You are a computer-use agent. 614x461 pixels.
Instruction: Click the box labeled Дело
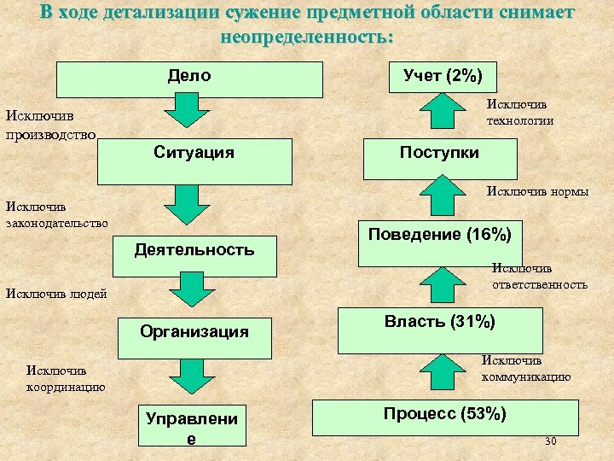pyautogui.click(x=189, y=79)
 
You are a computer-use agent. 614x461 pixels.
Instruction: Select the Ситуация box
pyautogui.click(x=194, y=161)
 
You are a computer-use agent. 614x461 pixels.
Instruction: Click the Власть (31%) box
pyautogui.click(x=439, y=330)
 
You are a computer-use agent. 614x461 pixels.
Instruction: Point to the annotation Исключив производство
pyautogui.click(x=51, y=125)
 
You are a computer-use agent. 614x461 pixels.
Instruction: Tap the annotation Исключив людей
pyautogui.click(x=56, y=295)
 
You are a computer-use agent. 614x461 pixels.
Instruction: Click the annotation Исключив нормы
pyautogui.click(x=537, y=191)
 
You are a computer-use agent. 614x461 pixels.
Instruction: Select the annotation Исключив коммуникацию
pyautogui.click(x=526, y=368)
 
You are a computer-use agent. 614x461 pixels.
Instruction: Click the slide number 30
pyautogui.click(x=550, y=441)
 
